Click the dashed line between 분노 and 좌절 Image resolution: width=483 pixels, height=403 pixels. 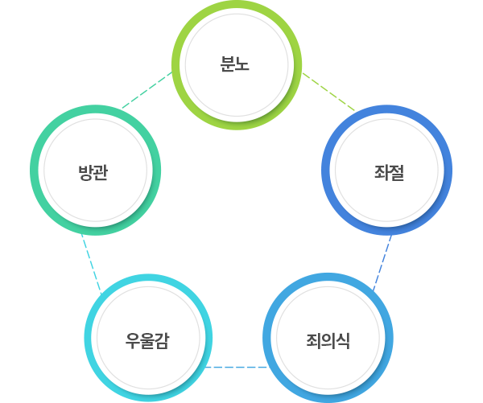click(328, 91)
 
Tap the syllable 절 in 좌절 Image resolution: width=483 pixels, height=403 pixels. click(397, 171)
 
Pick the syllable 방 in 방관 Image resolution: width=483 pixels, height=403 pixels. click(85, 171)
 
